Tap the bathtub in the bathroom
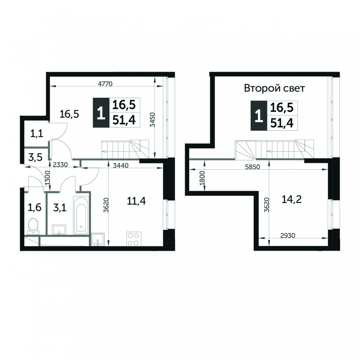click(81, 215)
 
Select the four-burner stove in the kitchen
click(134, 239)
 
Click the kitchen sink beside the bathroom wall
click(98, 240)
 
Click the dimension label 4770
click(105, 84)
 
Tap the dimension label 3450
click(152, 120)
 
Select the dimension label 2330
click(60, 165)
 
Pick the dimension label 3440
click(121, 165)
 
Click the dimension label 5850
click(253, 167)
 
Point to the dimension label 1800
click(202, 178)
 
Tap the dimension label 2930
click(288, 235)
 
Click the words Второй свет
click(274, 88)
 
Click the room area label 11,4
click(136, 201)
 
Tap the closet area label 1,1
click(37, 133)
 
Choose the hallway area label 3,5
click(35, 157)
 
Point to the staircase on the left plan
click(125, 149)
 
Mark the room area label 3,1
click(60, 208)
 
